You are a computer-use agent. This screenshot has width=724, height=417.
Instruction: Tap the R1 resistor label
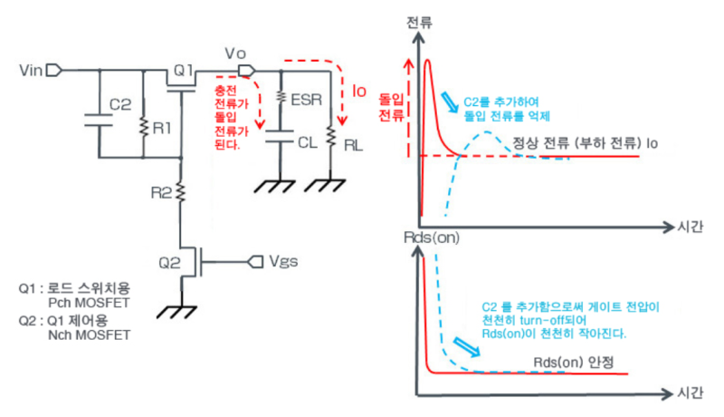(164, 128)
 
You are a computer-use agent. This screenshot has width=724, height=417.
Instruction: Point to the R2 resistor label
(161, 192)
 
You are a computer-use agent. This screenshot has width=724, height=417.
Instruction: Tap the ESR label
(309, 104)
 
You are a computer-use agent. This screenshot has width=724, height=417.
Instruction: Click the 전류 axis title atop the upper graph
(419, 20)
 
